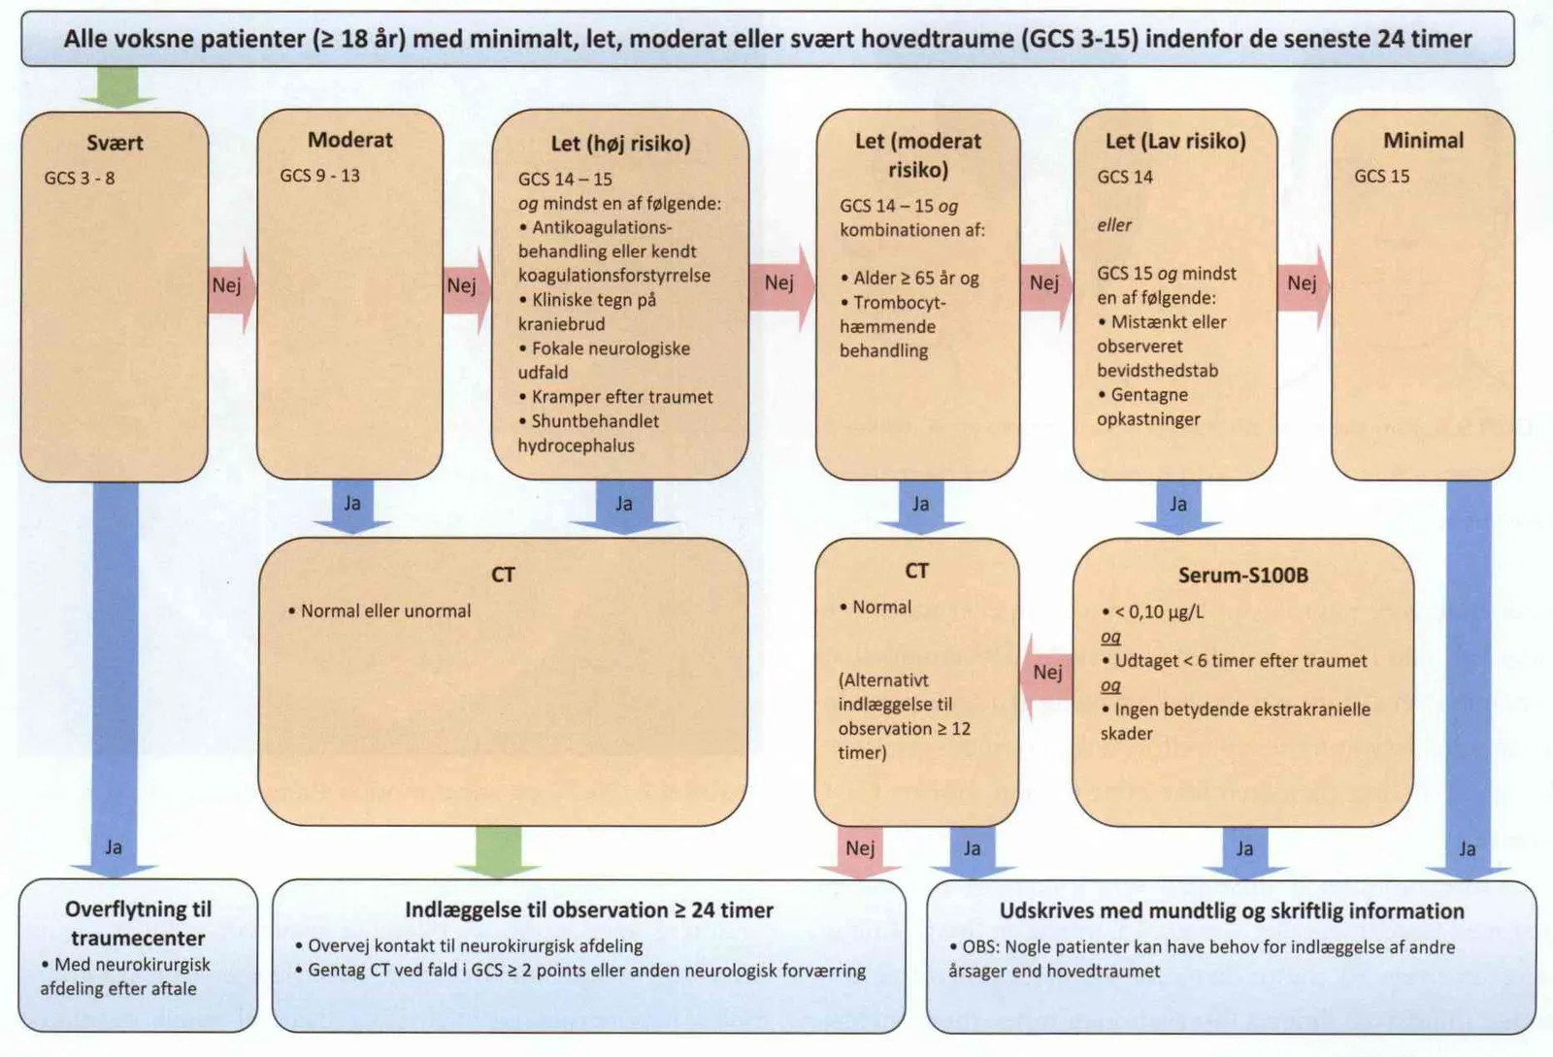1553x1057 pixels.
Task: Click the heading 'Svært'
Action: pos(115,143)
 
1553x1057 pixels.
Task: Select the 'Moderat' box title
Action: pos(350,140)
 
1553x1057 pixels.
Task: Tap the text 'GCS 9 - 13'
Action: pos(319,176)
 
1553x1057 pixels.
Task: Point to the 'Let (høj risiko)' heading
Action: pos(620,144)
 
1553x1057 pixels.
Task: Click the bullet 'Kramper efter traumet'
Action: pos(615,397)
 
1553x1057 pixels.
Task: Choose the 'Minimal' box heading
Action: pos(1423,141)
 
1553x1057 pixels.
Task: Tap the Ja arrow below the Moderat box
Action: pos(352,507)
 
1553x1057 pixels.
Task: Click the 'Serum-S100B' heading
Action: pos(1243,576)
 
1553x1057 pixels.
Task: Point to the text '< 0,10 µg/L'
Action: pos(1153,612)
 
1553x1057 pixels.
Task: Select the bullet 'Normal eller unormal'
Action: pos(380,611)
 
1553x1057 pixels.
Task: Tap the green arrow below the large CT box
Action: pos(498,852)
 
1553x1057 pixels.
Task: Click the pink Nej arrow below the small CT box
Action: pos(860,852)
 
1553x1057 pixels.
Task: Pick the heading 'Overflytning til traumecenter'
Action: pos(138,924)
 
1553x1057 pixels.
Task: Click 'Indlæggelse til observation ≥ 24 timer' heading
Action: pos(589,910)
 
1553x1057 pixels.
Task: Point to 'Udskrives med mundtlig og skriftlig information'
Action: pos(1232,911)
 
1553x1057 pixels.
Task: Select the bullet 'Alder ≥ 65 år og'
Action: pos(909,279)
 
